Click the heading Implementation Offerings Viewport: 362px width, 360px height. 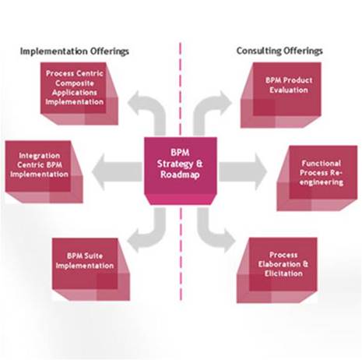pyautogui.click(x=75, y=51)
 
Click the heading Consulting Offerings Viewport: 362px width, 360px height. pyautogui.click(x=279, y=51)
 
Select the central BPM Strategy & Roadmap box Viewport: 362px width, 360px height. pyautogui.click(x=181, y=171)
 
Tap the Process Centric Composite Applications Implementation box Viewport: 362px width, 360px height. pyautogui.click(x=79, y=94)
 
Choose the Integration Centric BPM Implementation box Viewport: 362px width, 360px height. pyautogui.click(x=44, y=171)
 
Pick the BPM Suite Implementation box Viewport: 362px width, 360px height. pyautogui.click(x=91, y=270)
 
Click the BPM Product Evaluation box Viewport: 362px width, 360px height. pyautogui.click(x=281, y=95)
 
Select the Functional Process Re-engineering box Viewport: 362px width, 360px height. pyautogui.click(x=317, y=178)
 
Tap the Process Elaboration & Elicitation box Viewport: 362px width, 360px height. pyautogui.click(x=277, y=270)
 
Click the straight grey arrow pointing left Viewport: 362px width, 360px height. pyautogui.click(x=118, y=171)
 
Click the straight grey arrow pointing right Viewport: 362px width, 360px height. pyautogui.click(x=243, y=171)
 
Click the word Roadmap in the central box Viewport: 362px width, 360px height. pyautogui.click(x=180, y=175)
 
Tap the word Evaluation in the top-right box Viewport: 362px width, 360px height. pyautogui.click(x=289, y=90)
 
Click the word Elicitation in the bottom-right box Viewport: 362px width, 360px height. pyautogui.click(x=283, y=274)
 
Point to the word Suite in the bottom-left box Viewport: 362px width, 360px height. pyautogui.click(x=93, y=256)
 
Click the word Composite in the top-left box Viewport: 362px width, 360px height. pyautogui.click(x=75, y=83)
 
